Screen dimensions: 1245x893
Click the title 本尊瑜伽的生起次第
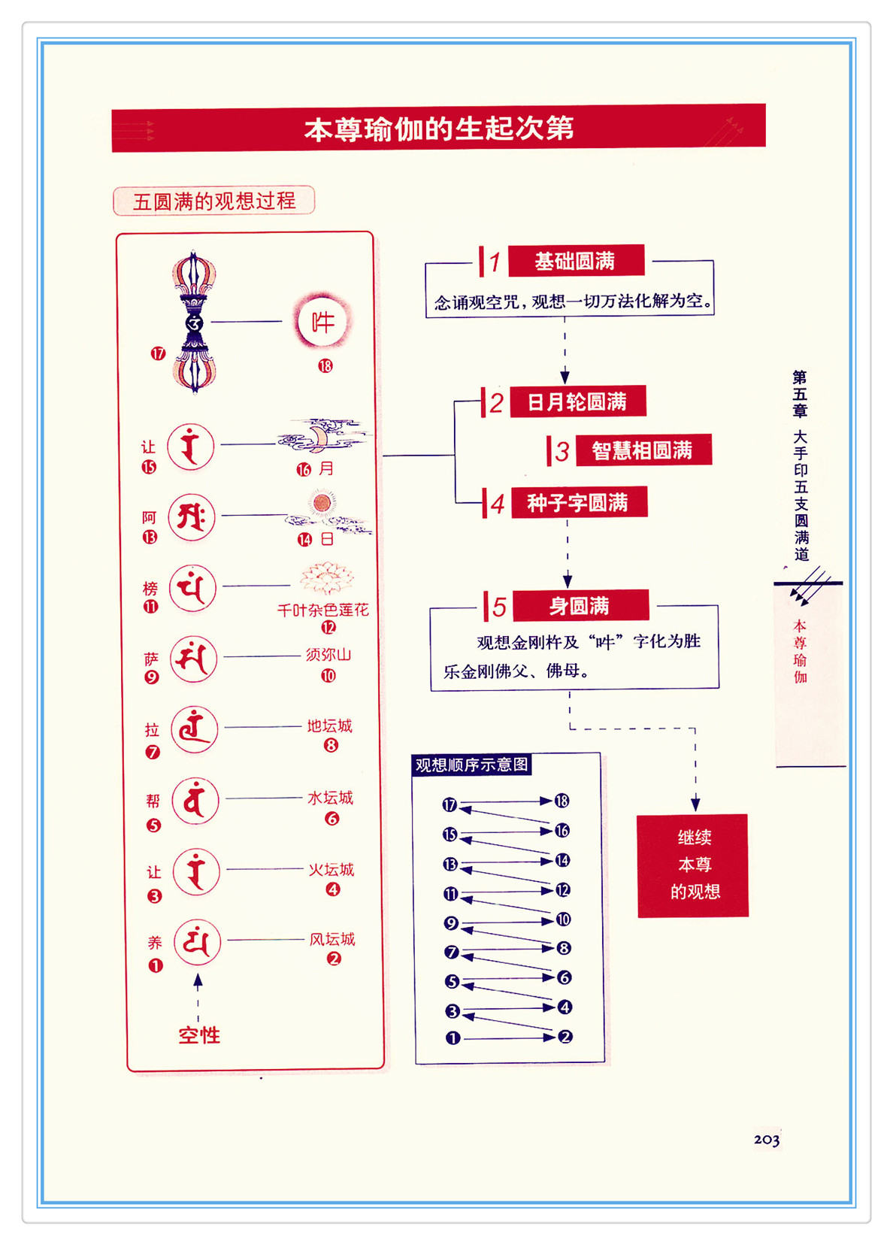pyautogui.click(x=438, y=129)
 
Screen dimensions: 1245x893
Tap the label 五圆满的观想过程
pyautogui.click(x=214, y=201)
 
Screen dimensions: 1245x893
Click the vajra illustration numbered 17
pyautogui.click(x=194, y=323)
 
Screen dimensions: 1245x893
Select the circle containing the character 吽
pyautogui.click(x=322, y=322)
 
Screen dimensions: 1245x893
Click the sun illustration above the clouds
pyautogui.click(x=323, y=503)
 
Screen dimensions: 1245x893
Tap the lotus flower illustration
pyautogui.click(x=326, y=579)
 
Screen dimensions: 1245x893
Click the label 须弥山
pyautogui.click(x=328, y=655)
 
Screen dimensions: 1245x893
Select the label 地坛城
pyautogui.click(x=329, y=726)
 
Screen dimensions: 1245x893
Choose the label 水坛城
pyautogui.click(x=330, y=798)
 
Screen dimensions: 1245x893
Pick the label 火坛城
pyautogui.click(x=331, y=870)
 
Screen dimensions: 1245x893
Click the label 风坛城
pyautogui.click(x=332, y=939)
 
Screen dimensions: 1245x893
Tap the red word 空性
pyautogui.click(x=199, y=1035)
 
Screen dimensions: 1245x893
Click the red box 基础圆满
pyautogui.click(x=576, y=261)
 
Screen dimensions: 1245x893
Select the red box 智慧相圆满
pyautogui.click(x=642, y=450)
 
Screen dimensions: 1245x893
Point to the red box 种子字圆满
pyautogui.click(x=578, y=503)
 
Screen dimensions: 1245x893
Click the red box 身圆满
pyautogui.click(x=579, y=606)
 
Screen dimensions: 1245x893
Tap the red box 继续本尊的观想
pyautogui.click(x=693, y=865)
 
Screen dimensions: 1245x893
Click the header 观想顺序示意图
pyautogui.click(x=471, y=765)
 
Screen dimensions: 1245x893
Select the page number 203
pyautogui.click(x=767, y=1140)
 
